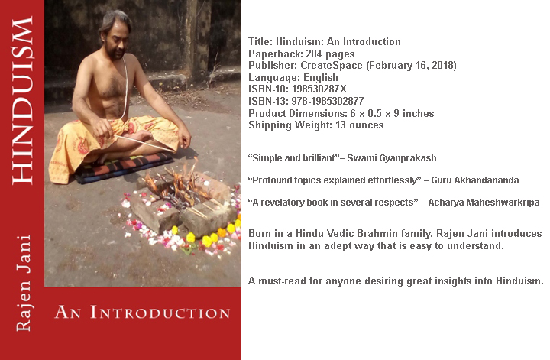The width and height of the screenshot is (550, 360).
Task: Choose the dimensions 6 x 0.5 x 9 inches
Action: click(387, 113)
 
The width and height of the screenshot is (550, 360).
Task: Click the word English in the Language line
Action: click(315, 77)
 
